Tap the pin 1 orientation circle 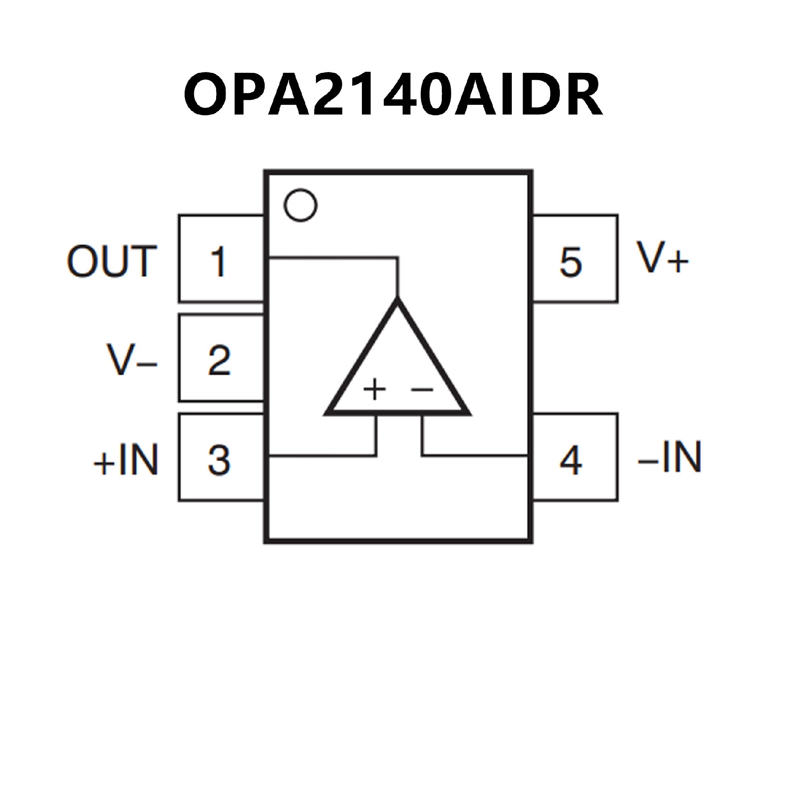pos(301,205)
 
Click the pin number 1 pos(218,262)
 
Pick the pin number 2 pos(219,360)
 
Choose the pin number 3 pos(219,460)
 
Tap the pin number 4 pos(571,460)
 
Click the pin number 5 pos(571,262)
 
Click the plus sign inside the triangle pos(374,389)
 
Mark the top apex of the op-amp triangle pos(397,301)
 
